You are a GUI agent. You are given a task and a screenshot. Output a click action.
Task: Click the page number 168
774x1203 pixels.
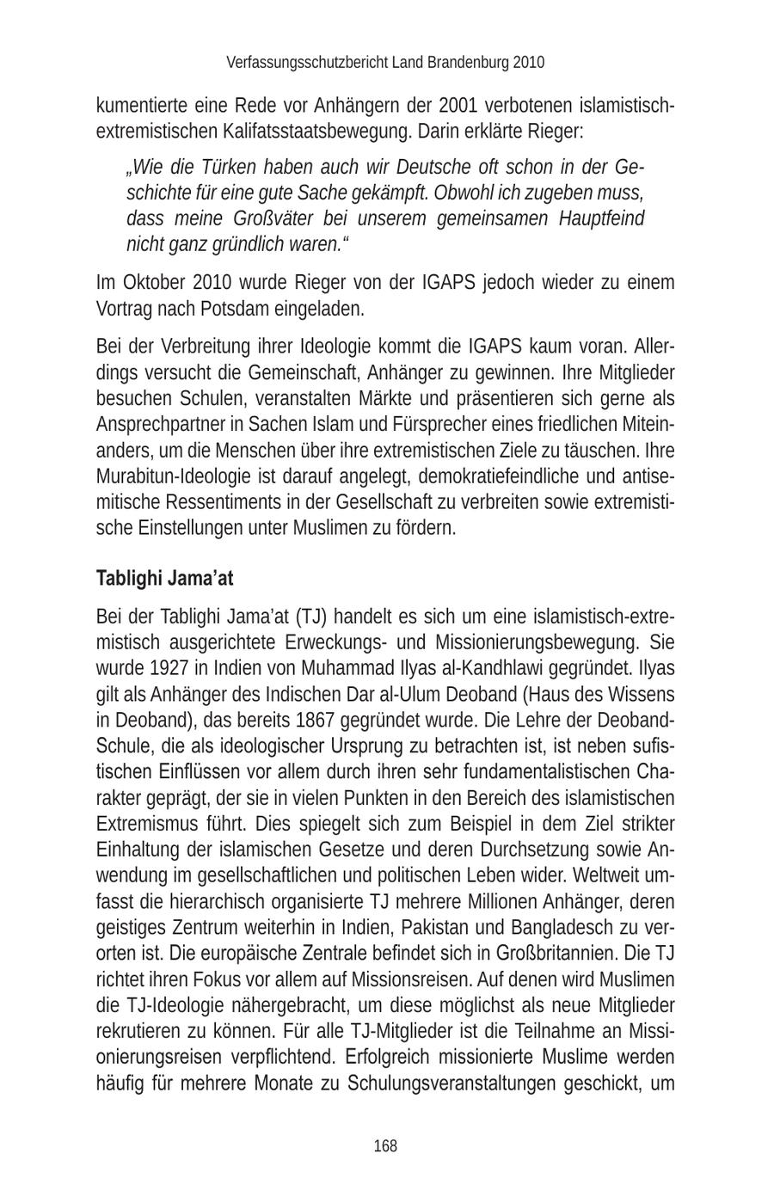(x=385, y=1145)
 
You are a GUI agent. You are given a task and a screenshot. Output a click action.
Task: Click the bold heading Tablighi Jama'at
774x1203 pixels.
(x=164, y=578)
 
